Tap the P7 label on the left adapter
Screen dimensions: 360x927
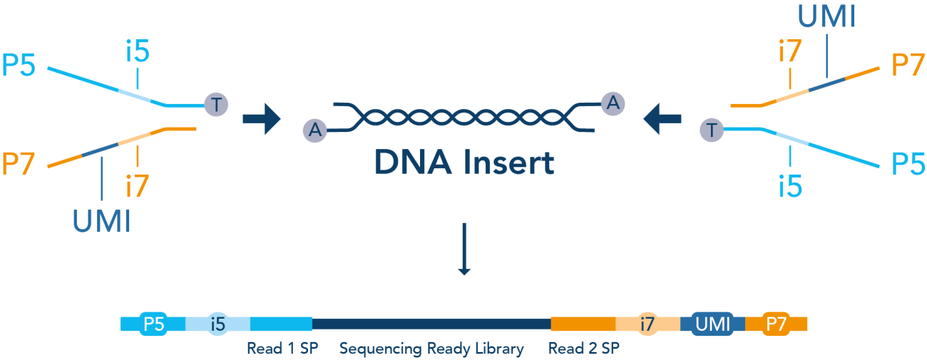(x=19, y=165)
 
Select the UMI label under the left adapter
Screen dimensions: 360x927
(x=102, y=221)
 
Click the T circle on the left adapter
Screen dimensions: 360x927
(x=217, y=104)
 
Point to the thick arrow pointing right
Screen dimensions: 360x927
(x=262, y=118)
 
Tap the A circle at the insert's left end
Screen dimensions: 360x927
(x=314, y=130)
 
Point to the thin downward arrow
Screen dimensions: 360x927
(x=464, y=249)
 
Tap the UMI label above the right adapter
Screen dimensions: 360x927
(x=826, y=16)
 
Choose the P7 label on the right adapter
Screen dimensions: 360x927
(x=908, y=66)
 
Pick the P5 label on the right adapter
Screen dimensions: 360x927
(x=908, y=165)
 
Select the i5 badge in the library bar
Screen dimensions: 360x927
(x=218, y=324)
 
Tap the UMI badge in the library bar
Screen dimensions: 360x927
(x=713, y=324)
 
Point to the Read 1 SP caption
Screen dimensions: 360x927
(x=281, y=349)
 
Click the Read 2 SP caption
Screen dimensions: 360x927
(x=583, y=349)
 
